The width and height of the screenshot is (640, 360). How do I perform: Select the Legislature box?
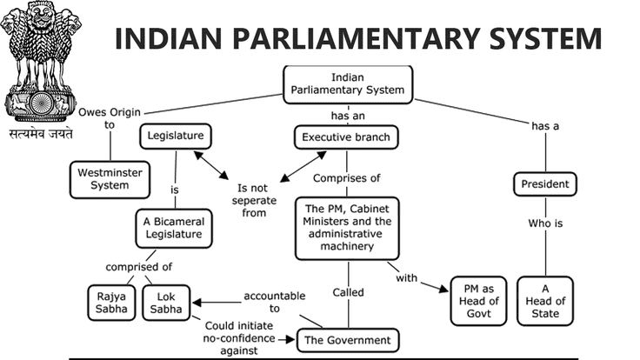[x=176, y=137]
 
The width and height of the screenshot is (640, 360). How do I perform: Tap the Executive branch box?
[x=345, y=137]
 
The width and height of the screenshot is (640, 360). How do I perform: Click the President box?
[x=545, y=183]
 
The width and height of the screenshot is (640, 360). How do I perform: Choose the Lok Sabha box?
[x=165, y=300]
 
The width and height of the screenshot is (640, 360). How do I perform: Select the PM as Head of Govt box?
[x=477, y=299]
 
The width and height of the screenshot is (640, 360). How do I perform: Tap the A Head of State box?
[x=545, y=300]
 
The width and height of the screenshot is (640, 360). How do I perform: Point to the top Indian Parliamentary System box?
[x=347, y=83]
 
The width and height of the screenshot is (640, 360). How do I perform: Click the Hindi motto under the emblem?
[x=41, y=136]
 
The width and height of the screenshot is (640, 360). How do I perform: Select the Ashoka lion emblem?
[x=41, y=61]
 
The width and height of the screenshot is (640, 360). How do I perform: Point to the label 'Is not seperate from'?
[x=254, y=200]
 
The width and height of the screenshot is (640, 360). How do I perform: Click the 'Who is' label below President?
[x=545, y=223]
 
